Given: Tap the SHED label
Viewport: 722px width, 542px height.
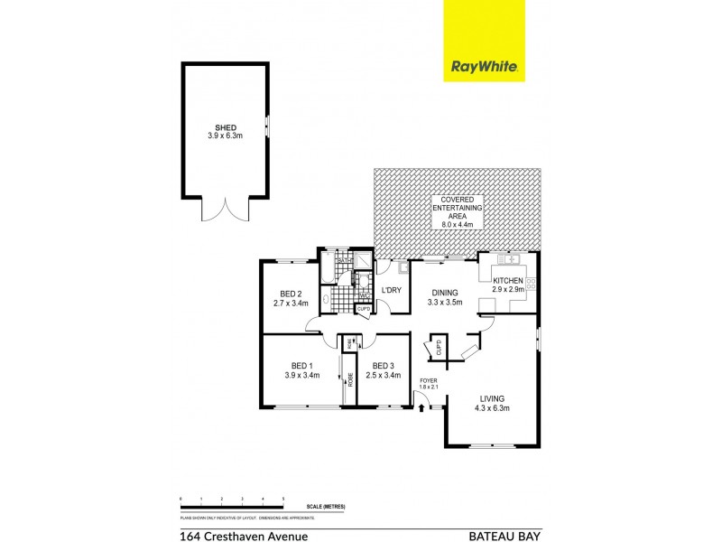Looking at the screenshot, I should [226, 127].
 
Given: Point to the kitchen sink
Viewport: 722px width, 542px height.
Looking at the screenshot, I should [505, 259].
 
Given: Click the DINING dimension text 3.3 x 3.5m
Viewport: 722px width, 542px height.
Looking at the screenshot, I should [444, 303].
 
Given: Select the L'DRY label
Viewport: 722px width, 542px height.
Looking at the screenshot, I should [391, 290].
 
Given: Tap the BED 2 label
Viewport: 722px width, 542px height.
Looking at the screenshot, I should [290, 294].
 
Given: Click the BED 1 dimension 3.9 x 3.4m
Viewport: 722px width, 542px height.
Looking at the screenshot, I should [301, 375].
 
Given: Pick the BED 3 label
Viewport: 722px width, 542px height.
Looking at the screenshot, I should [383, 365].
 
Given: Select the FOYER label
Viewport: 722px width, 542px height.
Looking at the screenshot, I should [429, 381].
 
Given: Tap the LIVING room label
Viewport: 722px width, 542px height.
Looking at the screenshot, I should [492, 398].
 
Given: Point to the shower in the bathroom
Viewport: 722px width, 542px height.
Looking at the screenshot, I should [363, 261].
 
